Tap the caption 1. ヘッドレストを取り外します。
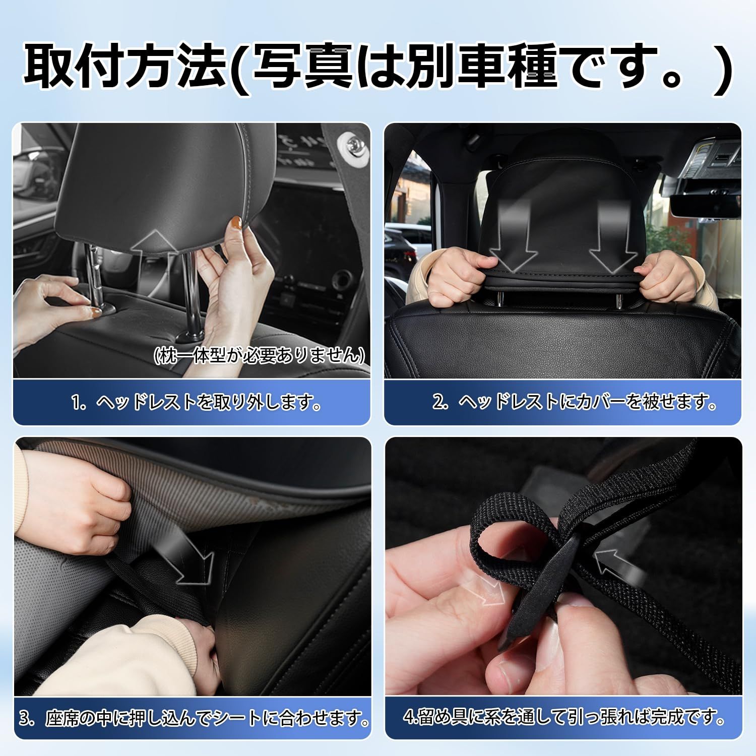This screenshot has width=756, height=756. [x=197, y=403]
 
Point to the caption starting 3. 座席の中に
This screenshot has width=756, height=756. [x=194, y=718]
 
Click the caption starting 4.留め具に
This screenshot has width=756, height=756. [x=564, y=716]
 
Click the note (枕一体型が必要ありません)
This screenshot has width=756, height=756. [x=259, y=355]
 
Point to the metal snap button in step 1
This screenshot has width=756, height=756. [x=349, y=143]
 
